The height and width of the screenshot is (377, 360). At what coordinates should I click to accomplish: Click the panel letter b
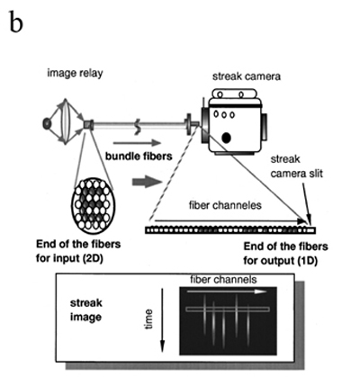[x=16, y=22]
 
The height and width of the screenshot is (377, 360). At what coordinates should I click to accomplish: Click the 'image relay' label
[x=75, y=73]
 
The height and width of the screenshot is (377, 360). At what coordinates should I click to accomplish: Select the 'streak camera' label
[x=247, y=76]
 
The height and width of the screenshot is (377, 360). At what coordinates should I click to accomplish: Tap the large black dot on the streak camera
[x=227, y=138]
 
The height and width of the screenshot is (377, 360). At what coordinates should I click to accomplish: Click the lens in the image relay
[x=66, y=121]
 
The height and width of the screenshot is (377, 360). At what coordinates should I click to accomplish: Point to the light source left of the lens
[x=47, y=123]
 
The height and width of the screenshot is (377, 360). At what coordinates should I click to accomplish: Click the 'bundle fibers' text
[x=139, y=156]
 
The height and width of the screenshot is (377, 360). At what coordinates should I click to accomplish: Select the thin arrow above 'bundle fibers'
[x=138, y=143]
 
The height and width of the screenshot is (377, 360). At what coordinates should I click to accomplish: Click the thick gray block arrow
[x=148, y=182]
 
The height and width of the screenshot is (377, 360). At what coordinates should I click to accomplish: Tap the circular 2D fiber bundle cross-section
[x=93, y=205]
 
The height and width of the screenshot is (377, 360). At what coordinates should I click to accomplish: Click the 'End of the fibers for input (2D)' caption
[x=78, y=251]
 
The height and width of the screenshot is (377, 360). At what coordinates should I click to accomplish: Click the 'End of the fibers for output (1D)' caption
[x=285, y=254]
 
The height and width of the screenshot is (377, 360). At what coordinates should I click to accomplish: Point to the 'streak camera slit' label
[x=297, y=166]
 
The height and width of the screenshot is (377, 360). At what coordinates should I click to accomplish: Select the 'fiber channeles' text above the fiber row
[x=225, y=205]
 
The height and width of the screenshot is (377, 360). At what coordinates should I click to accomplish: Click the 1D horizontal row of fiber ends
[x=230, y=230]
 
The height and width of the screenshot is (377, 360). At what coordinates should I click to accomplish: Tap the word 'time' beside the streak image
[x=148, y=319]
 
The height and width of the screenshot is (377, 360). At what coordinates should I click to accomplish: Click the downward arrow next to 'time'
[x=162, y=320]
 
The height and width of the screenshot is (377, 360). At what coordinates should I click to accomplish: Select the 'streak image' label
[x=86, y=310]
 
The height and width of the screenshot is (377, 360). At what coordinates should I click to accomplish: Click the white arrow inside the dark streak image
[x=227, y=292]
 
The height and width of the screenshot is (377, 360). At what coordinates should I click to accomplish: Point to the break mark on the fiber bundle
[x=138, y=126]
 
